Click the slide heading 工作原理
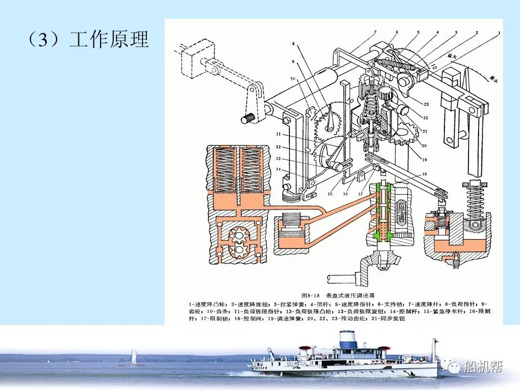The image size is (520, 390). click(109, 40)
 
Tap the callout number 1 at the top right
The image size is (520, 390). click(499, 33)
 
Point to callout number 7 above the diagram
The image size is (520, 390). click(374, 33)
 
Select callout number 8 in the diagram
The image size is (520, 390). click(292, 43)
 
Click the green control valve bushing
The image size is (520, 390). click(383, 212)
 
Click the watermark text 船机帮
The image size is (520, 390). click(482, 367)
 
